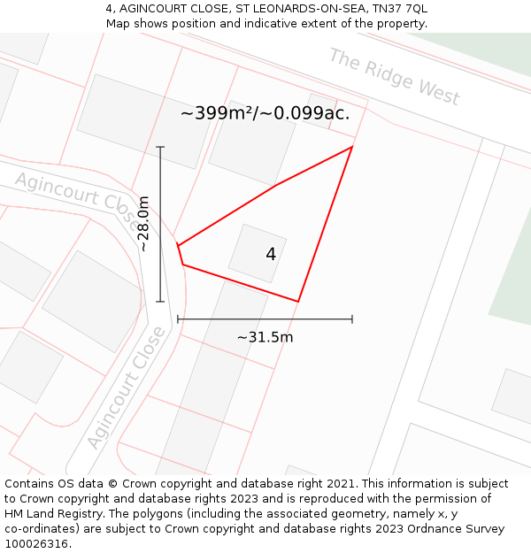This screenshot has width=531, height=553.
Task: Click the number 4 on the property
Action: coord(271,255)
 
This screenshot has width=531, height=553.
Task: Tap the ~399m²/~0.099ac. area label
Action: coord(265,113)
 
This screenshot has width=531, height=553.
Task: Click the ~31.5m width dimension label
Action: coord(265,337)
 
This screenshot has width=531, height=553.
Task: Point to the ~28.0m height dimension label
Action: coord(144,224)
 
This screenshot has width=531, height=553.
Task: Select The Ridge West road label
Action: coord(394,76)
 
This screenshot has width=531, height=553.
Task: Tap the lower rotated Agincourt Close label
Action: coord(127,388)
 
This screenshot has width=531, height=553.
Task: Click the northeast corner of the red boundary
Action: coord(352,147)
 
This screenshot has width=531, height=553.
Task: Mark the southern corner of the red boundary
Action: coord(298,302)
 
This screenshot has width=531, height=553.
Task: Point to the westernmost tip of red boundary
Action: coord(178,245)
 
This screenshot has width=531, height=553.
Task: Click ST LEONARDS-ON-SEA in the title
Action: coord(295,9)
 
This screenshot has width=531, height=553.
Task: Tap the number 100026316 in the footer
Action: coord(38,544)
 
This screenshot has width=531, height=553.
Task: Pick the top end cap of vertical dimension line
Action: coord(160,147)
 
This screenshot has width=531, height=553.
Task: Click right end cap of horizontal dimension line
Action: coord(352,319)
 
